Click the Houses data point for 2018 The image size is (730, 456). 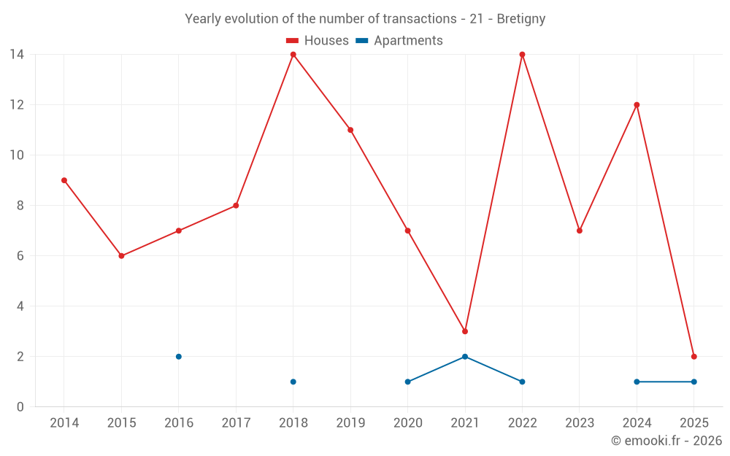(x=293, y=55)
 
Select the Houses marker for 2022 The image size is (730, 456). (x=522, y=55)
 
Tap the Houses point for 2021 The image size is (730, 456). (x=465, y=331)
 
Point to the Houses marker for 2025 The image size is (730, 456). (x=693, y=357)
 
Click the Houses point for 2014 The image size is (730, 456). (x=64, y=180)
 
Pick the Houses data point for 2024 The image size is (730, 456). (x=637, y=105)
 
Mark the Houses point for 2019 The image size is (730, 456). (x=350, y=130)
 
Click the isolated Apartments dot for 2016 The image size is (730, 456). (x=179, y=357)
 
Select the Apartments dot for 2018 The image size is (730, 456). (x=293, y=382)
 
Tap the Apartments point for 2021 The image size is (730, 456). (x=465, y=357)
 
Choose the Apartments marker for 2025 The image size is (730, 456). (x=693, y=382)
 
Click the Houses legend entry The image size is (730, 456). (x=318, y=41)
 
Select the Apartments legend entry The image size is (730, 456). (x=399, y=41)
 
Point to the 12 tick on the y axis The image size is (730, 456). (x=17, y=105)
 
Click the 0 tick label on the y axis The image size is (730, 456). (x=20, y=407)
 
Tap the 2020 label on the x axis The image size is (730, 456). (x=407, y=423)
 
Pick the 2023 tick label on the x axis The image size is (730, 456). (x=579, y=423)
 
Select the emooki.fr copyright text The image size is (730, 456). (x=666, y=441)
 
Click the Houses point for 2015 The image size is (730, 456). (x=121, y=256)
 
